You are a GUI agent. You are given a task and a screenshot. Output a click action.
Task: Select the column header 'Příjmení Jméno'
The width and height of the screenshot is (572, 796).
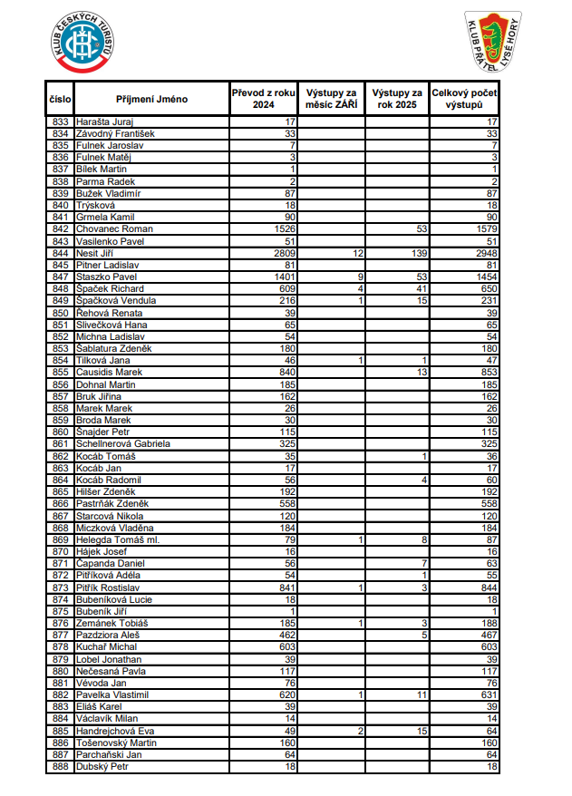click(151, 99)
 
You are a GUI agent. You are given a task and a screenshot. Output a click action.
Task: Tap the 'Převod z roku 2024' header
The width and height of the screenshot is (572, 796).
click(264, 99)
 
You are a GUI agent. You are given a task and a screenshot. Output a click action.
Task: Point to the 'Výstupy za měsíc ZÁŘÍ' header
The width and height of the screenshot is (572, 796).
click(332, 99)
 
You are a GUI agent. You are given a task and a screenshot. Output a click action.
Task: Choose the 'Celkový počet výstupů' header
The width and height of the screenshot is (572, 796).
click(464, 99)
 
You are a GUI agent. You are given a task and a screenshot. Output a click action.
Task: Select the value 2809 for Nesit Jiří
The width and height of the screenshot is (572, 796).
click(286, 253)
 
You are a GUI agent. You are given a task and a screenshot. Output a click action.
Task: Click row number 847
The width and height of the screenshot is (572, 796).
click(61, 277)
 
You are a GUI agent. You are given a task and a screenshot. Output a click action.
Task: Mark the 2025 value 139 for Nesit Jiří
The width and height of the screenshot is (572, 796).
click(416, 253)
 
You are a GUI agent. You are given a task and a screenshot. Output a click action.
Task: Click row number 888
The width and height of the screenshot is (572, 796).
click(61, 767)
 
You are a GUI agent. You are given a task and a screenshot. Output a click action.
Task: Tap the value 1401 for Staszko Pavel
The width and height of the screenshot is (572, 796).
click(286, 277)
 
